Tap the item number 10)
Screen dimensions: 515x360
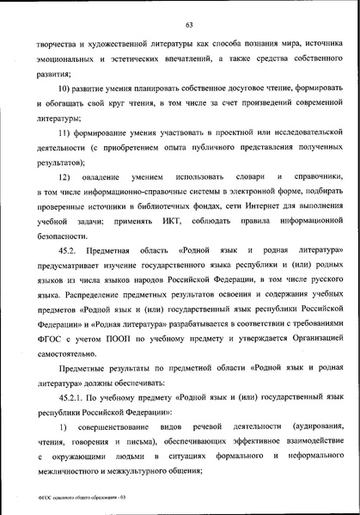click(x=66, y=88)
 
